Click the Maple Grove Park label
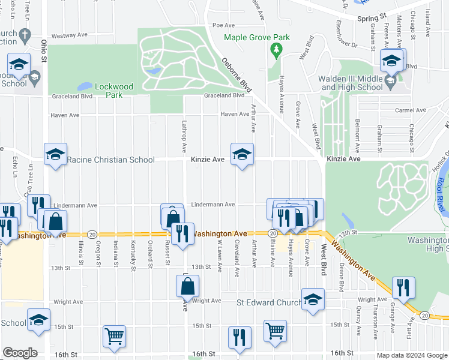[x=257, y=37]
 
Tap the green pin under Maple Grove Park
[x=276, y=50]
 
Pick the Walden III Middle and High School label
[x=352, y=83]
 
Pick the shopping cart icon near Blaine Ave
[x=275, y=331]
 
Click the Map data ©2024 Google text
[x=411, y=355]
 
